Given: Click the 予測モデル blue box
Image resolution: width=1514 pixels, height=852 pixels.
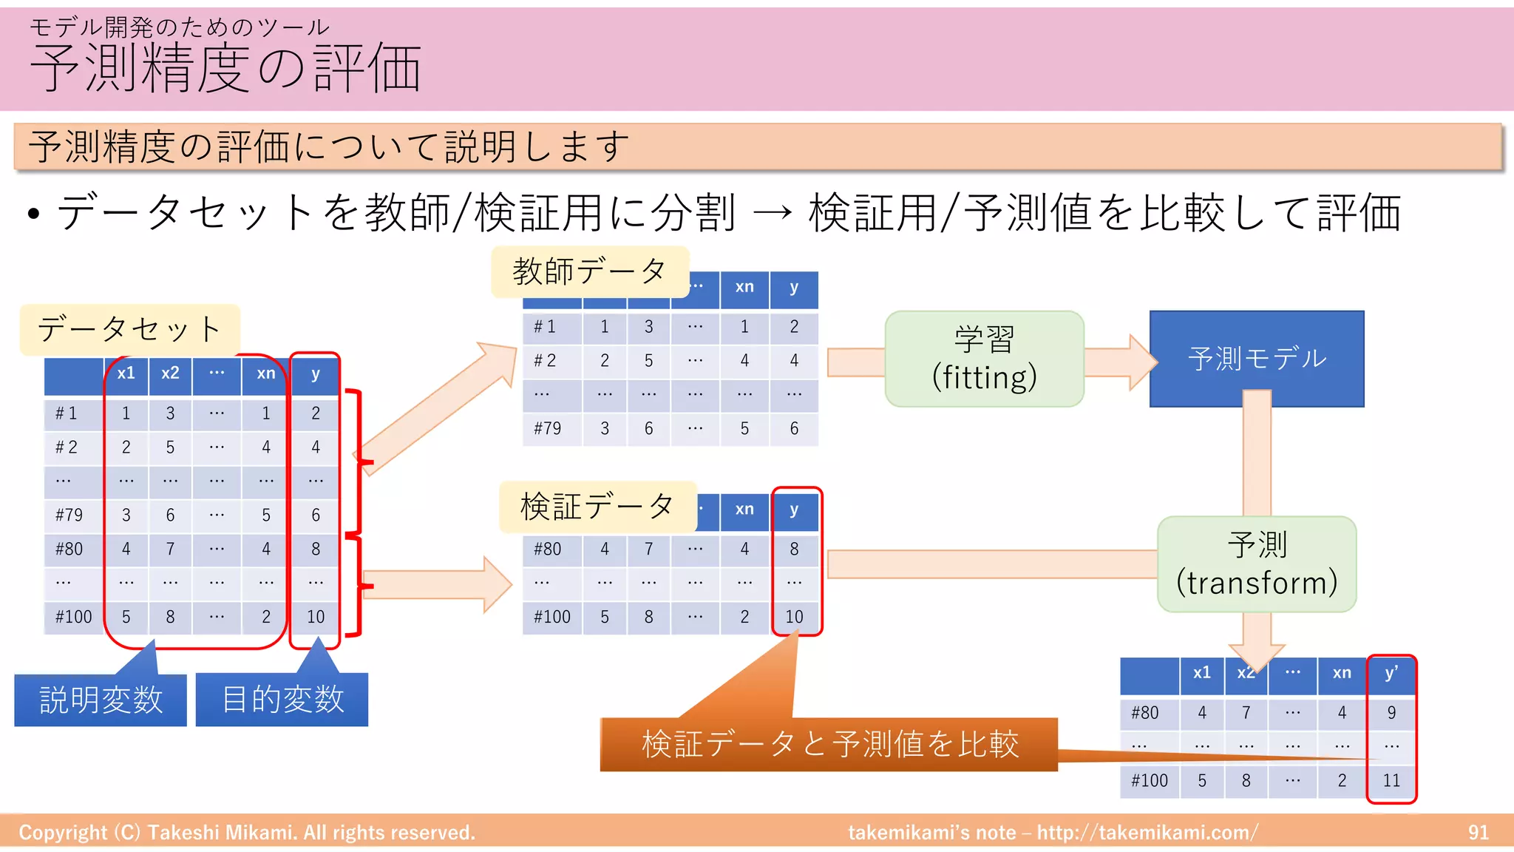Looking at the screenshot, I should pyautogui.click(x=1256, y=359).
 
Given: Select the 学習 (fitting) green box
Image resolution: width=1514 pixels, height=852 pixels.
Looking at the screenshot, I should pyautogui.click(x=984, y=359).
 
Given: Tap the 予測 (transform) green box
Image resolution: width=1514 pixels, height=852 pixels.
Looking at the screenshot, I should pyautogui.click(x=1256, y=564).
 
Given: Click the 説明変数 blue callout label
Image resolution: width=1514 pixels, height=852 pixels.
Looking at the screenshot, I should pyautogui.click(x=101, y=700).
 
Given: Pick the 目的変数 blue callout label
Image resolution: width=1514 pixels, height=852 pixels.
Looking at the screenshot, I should pyautogui.click(x=282, y=700).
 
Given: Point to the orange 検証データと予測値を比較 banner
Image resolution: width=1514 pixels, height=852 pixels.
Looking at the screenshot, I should pyautogui.click(x=829, y=744).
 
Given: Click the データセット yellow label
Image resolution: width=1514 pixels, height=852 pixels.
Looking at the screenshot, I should pyautogui.click(x=129, y=329).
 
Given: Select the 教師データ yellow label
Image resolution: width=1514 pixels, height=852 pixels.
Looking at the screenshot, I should pyautogui.click(x=589, y=271).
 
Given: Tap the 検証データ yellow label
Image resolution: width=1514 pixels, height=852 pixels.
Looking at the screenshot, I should pyautogui.click(x=597, y=507).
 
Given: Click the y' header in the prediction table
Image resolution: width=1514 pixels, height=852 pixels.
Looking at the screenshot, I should pyautogui.click(x=1391, y=673).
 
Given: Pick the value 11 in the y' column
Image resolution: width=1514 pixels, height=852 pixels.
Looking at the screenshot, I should pyautogui.click(x=1391, y=780).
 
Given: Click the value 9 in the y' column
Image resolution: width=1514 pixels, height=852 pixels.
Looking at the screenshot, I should pyautogui.click(x=1391, y=712).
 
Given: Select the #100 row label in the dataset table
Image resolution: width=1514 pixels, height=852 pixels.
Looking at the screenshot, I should pyautogui.click(x=73, y=617).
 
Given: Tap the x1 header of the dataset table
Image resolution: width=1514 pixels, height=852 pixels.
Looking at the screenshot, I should pyautogui.click(x=126, y=373).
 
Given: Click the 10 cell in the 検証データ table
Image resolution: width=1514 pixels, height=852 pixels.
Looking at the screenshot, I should pyautogui.click(x=794, y=617).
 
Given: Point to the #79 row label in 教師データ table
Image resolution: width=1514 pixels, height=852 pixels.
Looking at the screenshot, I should pyautogui.click(x=548, y=429).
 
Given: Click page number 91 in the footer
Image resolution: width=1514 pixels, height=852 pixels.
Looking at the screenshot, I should pyautogui.click(x=1478, y=833).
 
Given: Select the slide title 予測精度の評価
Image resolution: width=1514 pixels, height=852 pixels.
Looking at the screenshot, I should pyautogui.click(x=225, y=68).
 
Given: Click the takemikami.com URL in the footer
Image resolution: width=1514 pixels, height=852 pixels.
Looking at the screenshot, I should pyautogui.click(x=1147, y=833).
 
